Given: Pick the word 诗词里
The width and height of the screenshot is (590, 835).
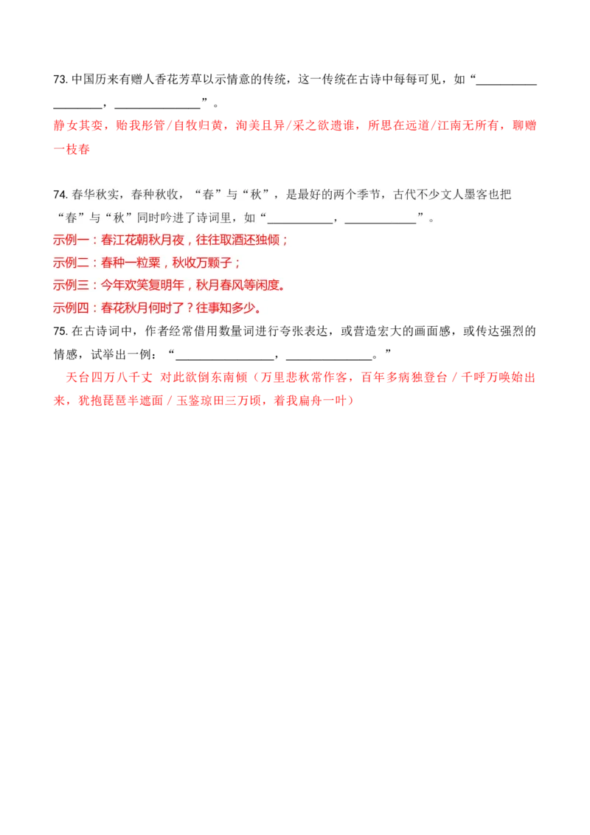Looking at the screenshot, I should tap(219, 217).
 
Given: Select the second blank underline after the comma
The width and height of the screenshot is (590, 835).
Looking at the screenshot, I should tap(380, 218).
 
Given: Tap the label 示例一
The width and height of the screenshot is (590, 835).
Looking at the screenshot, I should tap(71, 240).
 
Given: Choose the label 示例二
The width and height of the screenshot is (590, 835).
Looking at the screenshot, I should tap(71, 263).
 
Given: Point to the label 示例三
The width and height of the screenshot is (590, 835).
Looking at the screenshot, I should tap(71, 285).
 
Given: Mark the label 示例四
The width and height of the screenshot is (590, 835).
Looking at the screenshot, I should tap(71, 308).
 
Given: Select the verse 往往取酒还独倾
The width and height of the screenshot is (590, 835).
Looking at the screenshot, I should tap(240, 240).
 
